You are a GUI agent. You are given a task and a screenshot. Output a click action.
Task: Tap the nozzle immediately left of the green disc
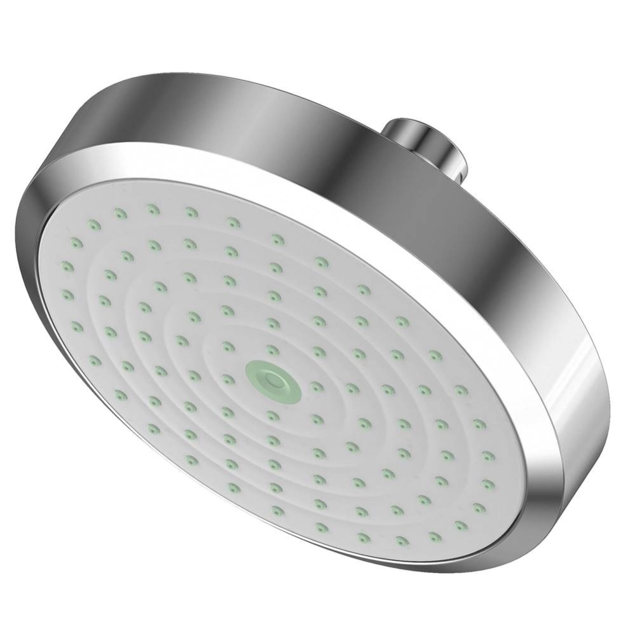[x=228, y=379]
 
